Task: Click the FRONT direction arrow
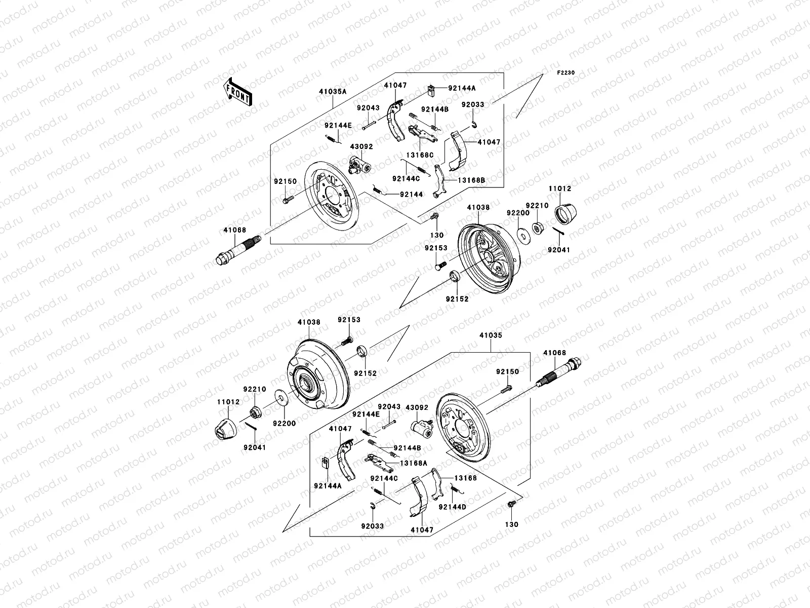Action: point(239,92)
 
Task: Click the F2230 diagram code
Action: point(566,73)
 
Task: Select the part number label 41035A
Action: point(333,92)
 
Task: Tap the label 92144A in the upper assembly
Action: point(462,88)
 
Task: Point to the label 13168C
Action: point(420,155)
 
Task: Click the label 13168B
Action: point(472,180)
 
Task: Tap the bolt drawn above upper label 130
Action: point(434,218)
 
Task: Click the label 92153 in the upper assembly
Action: point(436,248)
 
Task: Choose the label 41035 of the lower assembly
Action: point(491,335)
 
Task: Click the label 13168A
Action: point(414,463)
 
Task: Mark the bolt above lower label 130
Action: point(511,504)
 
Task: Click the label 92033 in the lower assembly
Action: point(373,526)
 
